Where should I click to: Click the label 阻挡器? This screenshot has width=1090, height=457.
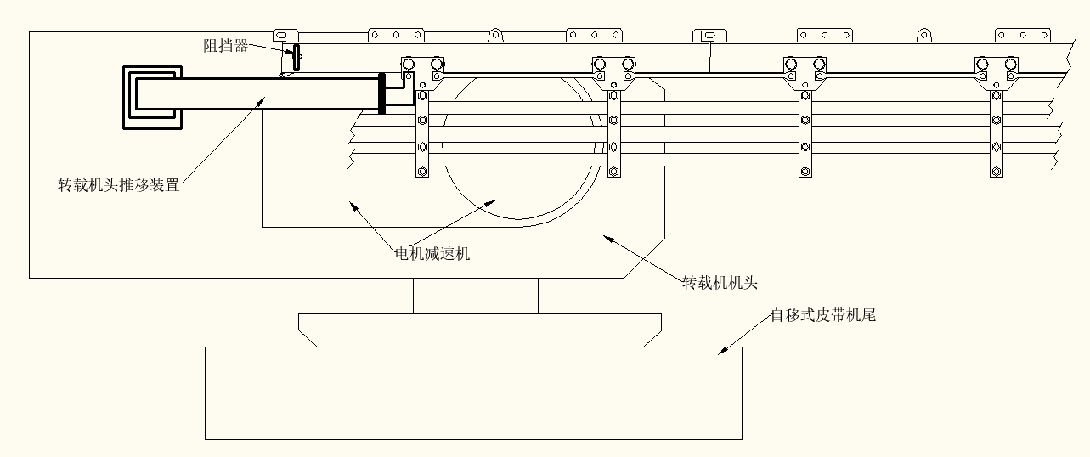(226, 46)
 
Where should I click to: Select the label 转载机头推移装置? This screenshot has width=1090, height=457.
(119, 184)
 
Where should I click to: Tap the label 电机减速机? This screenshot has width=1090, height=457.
(432, 253)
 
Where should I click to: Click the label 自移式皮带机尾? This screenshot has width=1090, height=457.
(822, 316)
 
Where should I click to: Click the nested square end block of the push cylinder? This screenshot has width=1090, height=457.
(152, 97)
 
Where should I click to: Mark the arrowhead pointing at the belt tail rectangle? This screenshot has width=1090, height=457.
(722, 349)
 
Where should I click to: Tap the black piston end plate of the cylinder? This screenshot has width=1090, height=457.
(381, 93)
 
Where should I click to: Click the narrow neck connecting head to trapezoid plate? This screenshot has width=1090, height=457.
(475, 296)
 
